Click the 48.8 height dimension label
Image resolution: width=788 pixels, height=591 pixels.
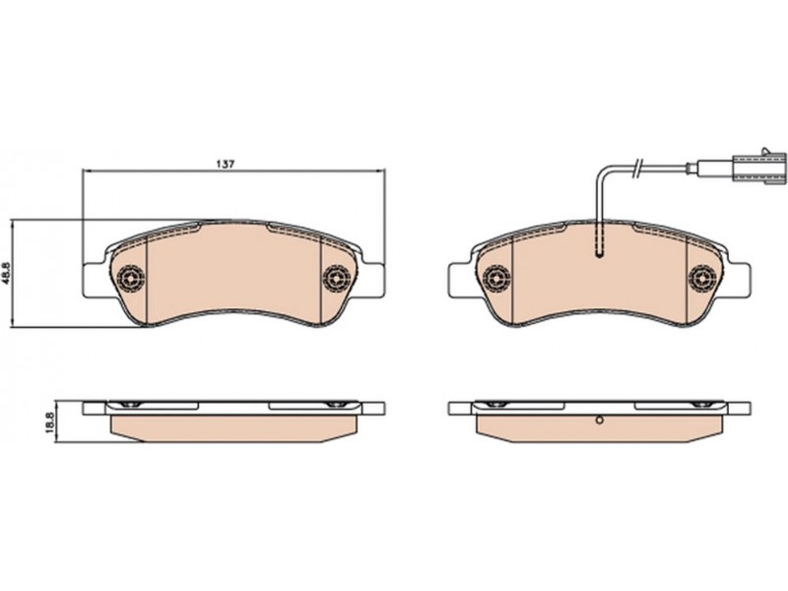point(6,274)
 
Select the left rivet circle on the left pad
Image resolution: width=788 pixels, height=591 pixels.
point(131,277)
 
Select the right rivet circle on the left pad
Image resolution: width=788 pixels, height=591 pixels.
point(337,277)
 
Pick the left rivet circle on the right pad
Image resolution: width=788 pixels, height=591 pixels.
point(497,277)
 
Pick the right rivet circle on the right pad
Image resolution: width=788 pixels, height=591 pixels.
point(702,277)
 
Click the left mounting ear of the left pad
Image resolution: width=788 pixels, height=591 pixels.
point(94,279)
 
